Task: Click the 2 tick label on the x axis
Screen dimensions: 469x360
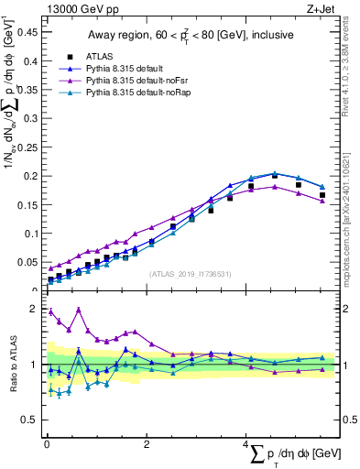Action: (x=146, y=443)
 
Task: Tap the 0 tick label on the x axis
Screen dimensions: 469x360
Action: (x=47, y=443)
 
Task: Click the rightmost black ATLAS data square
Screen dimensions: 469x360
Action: (x=322, y=195)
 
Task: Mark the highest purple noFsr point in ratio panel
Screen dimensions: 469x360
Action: (x=80, y=309)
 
